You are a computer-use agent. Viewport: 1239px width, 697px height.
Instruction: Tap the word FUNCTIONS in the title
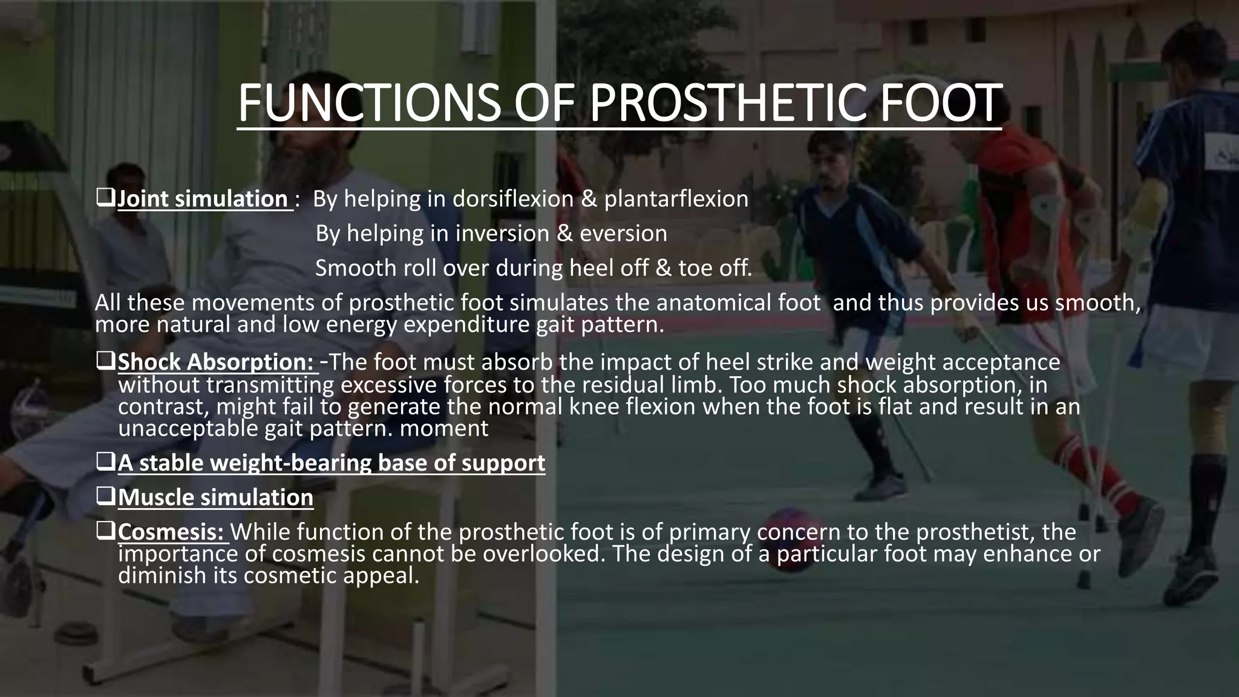pyautogui.click(x=369, y=103)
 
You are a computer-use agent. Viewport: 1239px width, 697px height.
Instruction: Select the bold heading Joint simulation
pyautogui.click(x=203, y=199)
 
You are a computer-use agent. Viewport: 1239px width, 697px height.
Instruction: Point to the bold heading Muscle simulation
pyautogui.click(x=215, y=497)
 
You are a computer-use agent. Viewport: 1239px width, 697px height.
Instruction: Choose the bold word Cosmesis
pyautogui.click(x=171, y=532)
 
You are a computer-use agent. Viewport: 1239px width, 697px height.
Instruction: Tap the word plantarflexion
pyautogui.click(x=676, y=199)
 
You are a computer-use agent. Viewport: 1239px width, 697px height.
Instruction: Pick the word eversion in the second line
pyautogui.click(x=623, y=234)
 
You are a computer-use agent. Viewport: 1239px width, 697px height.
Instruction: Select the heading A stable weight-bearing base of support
pyautogui.click(x=331, y=463)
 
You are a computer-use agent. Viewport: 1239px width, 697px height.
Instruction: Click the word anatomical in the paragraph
pyautogui.click(x=719, y=303)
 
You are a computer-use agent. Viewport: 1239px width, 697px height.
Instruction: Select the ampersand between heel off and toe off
pyautogui.click(x=663, y=268)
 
